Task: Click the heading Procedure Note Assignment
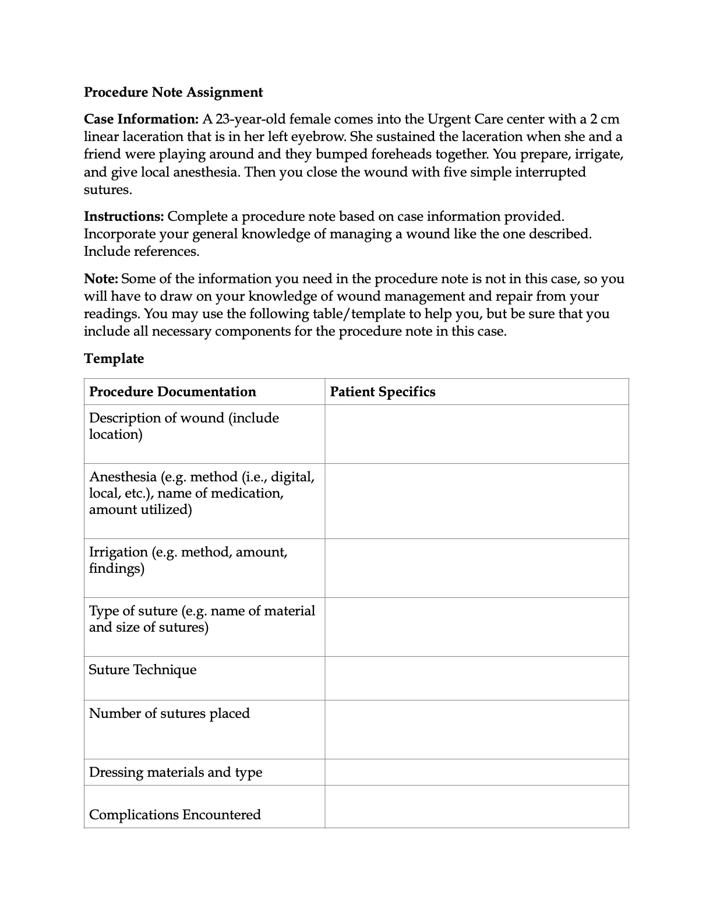click(173, 92)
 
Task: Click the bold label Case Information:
click(142, 119)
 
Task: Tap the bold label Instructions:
click(123, 217)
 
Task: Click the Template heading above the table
click(114, 358)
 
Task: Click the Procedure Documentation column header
click(172, 392)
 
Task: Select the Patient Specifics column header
click(382, 392)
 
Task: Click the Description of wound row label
click(183, 426)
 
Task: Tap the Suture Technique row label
click(143, 670)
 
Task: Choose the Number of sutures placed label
click(169, 713)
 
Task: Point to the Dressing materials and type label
click(175, 772)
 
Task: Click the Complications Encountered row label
click(175, 815)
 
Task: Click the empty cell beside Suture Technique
click(476, 678)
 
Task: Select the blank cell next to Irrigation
click(476, 568)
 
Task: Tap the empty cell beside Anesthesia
click(476, 501)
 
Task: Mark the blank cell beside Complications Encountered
click(476, 806)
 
